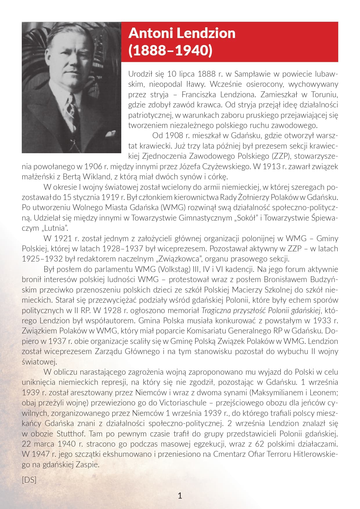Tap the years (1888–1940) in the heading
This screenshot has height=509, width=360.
tap(170, 50)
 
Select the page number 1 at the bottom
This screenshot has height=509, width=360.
tap(180, 495)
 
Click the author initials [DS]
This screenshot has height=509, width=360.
tap(29, 480)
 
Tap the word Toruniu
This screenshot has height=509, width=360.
tap(325, 95)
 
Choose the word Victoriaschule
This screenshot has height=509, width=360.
tap(183, 403)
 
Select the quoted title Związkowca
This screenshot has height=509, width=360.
tap(182, 259)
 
